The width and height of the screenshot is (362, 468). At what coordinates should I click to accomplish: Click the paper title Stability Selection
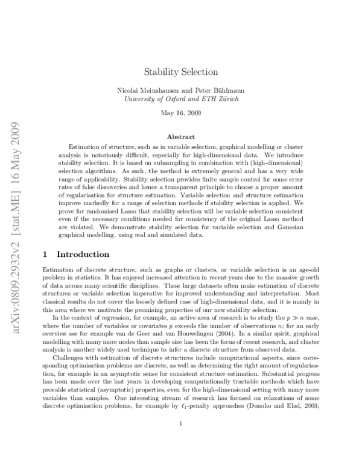[x=180, y=72]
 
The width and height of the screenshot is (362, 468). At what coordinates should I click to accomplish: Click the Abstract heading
[x=180, y=137]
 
